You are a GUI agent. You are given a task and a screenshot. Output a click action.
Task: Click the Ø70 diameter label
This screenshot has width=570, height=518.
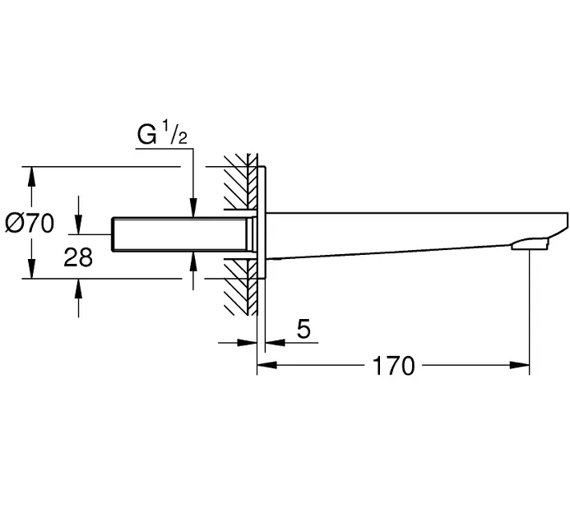coord(29,223)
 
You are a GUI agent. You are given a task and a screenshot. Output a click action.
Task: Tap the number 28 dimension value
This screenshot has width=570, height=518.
coord(78,257)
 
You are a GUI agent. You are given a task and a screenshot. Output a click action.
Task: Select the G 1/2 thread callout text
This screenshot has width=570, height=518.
coord(162,134)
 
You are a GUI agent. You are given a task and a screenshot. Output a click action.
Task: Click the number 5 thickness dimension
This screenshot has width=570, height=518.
coord(303,330)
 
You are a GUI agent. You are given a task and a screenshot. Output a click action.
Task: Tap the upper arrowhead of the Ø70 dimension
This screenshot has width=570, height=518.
coord(32,175)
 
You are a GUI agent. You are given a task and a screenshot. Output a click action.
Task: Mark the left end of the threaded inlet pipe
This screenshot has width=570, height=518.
coord(114,235)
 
